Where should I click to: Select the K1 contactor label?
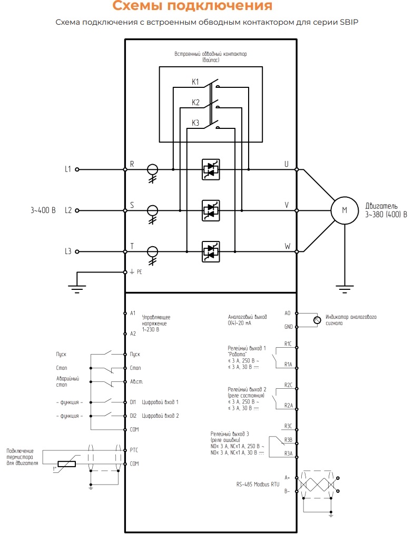195,82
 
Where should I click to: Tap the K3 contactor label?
195,123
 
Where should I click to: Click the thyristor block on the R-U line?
211,169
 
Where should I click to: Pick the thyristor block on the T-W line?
211,251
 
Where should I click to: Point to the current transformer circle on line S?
152,210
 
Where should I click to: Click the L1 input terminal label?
68,169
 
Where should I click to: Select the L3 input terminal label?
68,251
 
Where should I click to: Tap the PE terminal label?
139,272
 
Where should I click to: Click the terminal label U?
287,164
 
